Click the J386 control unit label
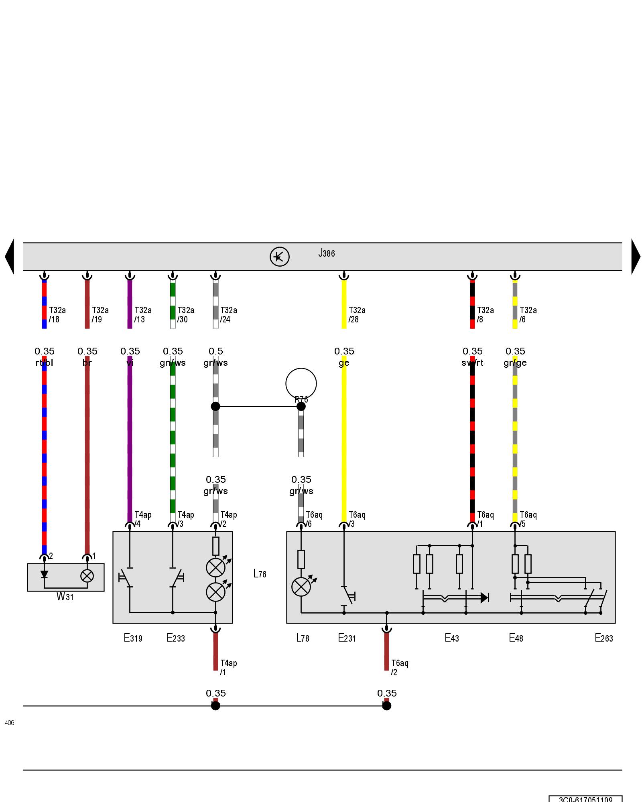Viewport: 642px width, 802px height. [326, 253]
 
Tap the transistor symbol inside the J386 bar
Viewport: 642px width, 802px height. [279, 257]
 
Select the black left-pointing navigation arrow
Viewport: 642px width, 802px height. [10, 257]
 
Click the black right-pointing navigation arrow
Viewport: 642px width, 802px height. [636, 257]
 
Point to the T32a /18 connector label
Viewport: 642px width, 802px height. [57, 315]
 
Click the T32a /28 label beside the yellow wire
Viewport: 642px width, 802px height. [357, 315]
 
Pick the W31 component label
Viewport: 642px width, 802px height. [65, 597]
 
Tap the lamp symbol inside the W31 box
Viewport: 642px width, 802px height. [87, 576]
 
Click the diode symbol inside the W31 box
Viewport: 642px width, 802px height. [44, 575]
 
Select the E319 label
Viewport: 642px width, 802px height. [133, 638]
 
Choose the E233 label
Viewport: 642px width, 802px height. [176, 638]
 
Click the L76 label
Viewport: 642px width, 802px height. [260, 574]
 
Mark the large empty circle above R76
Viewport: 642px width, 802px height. [301, 383]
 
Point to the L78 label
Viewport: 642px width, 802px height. [303, 638]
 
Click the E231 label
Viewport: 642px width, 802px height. [347, 638]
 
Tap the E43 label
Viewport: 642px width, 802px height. [451, 638]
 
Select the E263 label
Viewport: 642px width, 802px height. [603, 638]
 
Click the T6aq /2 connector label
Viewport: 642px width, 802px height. [400, 668]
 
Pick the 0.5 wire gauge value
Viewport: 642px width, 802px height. [215, 351]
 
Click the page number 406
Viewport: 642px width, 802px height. [10, 723]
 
